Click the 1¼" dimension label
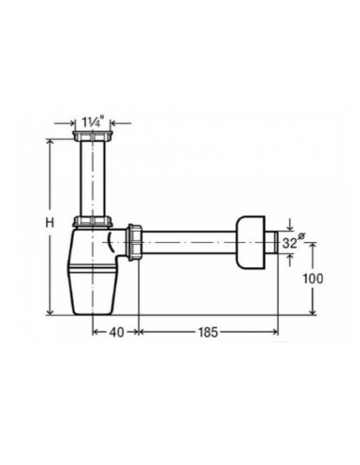pyautogui.click(x=93, y=122)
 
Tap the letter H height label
pyautogui.click(x=50, y=223)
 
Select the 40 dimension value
pyautogui.click(x=116, y=332)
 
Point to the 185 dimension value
pyautogui.click(x=208, y=332)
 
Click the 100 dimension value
pyautogui.click(x=313, y=279)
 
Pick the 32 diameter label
pyautogui.click(x=289, y=243)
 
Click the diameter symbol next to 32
pyautogui.click(x=300, y=236)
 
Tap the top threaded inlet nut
pyautogui.click(x=93, y=136)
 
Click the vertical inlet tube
pyautogui.click(x=93, y=179)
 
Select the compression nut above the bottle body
pyautogui.click(x=93, y=221)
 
